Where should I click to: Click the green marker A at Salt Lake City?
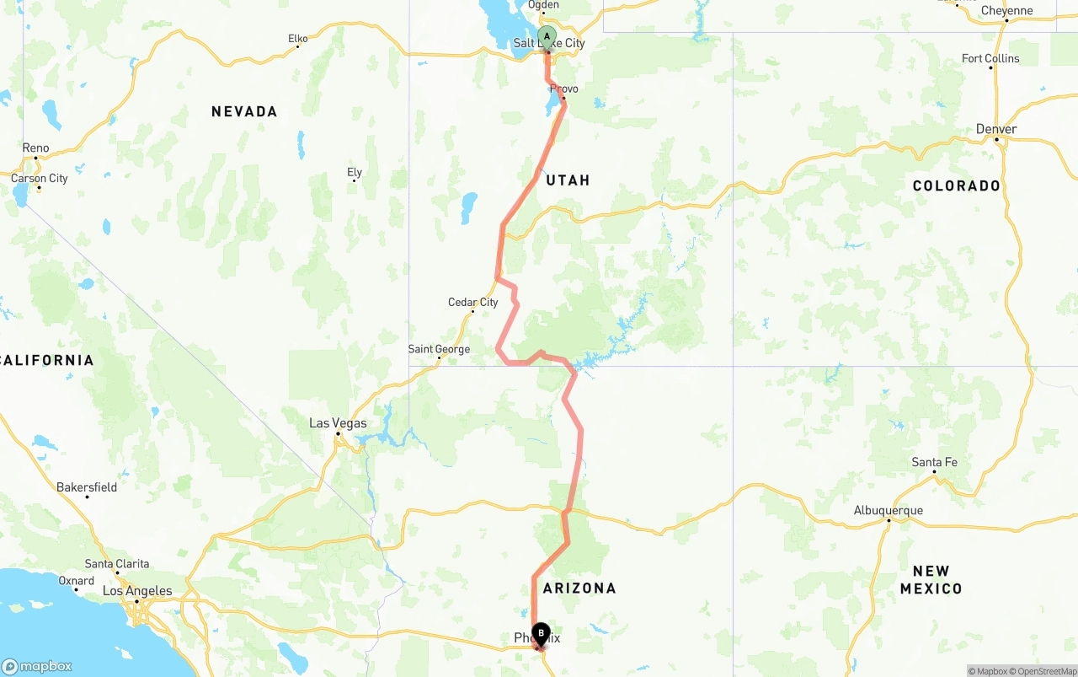(547, 37)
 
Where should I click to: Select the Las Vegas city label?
(338, 423)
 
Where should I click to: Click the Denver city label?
(996, 129)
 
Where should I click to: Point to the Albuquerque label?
(889, 510)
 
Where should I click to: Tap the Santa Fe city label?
(934, 462)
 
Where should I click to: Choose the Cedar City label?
(472, 303)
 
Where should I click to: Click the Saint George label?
(439, 349)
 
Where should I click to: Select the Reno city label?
(35, 148)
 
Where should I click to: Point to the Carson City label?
(39, 179)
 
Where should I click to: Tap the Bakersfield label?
(87, 487)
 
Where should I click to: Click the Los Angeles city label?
(136, 591)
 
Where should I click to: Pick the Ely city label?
(355, 173)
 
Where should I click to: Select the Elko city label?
(298, 39)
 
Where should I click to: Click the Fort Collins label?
(990, 58)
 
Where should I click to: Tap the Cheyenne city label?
(1007, 11)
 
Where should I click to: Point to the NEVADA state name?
(244, 111)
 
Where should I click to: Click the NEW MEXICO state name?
(931, 580)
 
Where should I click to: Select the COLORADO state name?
(957, 185)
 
